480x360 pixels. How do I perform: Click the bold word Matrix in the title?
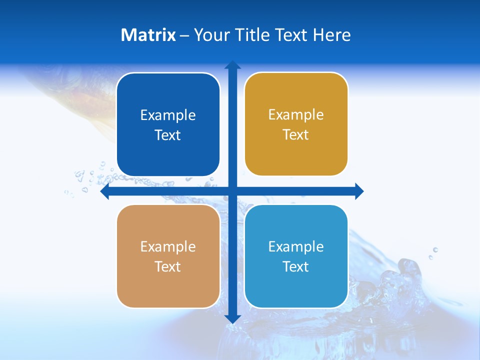[148, 35]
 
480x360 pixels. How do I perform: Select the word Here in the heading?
[331, 35]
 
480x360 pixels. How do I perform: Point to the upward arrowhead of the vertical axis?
[232, 65]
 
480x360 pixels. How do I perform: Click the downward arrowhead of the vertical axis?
[232, 318]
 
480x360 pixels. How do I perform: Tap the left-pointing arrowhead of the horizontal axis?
[105, 191]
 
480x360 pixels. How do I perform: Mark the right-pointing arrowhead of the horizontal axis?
[359, 191]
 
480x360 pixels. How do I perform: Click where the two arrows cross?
[232, 191]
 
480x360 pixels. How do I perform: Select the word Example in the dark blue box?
[168, 115]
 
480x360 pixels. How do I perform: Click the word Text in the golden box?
[295, 135]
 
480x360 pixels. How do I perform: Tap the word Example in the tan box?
[168, 247]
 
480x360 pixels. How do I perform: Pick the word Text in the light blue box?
[295, 267]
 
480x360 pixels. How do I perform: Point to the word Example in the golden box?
[296, 115]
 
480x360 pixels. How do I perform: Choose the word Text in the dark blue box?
[167, 135]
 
